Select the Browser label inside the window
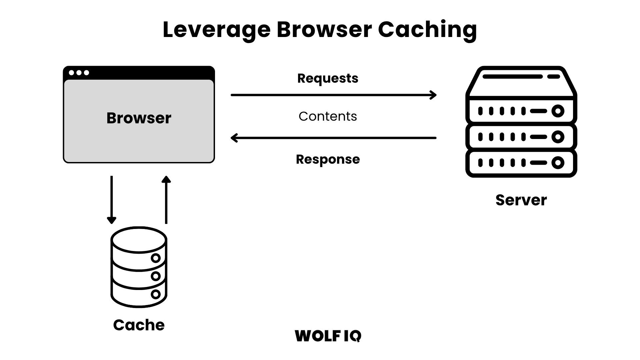pyautogui.click(x=139, y=118)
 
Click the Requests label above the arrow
pyautogui.click(x=328, y=78)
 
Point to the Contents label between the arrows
pyautogui.click(x=328, y=116)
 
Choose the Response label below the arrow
pyautogui.click(x=328, y=159)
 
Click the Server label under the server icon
pyautogui.click(x=521, y=200)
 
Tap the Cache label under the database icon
pyautogui.click(x=139, y=325)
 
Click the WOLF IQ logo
pyautogui.click(x=328, y=336)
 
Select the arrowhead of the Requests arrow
pyautogui.click(x=434, y=95)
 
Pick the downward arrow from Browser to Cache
pyautogui.click(x=112, y=200)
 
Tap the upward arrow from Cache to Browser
pyautogui.click(x=166, y=200)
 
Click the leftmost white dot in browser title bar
pyautogui.click(x=71, y=73)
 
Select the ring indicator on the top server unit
pyautogui.click(x=558, y=111)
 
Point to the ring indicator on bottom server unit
pyautogui.click(x=558, y=163)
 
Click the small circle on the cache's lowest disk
pyautogui.click(x=155, y=294)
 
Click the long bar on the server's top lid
pyautogui.click(x=512, y=77)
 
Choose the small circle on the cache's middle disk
pyautogui.click(x=155, y=276)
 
